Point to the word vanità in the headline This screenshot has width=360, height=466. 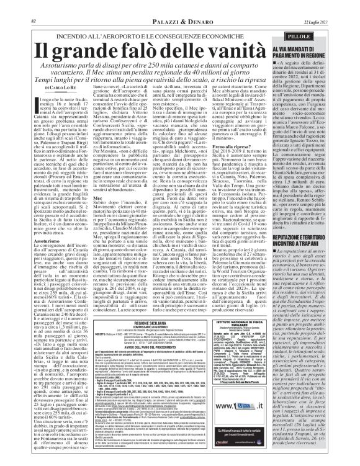254,33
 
